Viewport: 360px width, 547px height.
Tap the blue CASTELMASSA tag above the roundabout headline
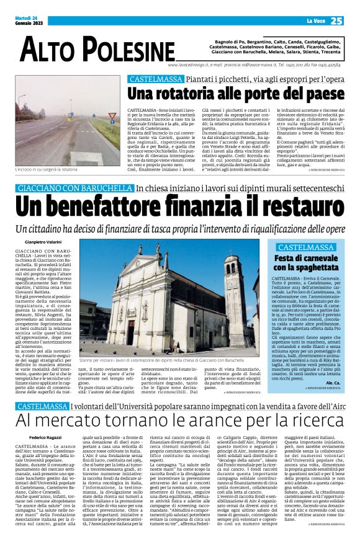pyautogui.click(x=146, y=79)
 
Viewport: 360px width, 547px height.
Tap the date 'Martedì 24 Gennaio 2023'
pyautogui.click(x=27, y=22)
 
